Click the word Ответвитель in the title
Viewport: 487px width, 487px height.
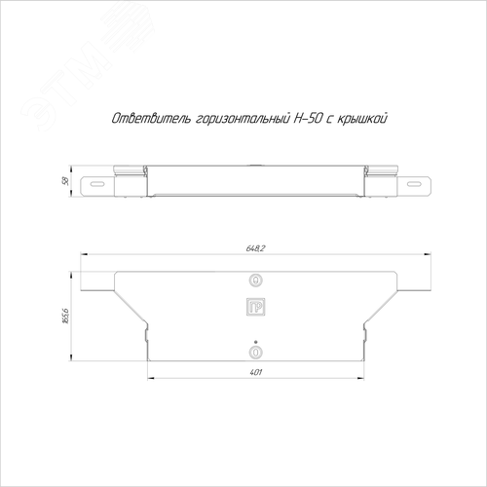pos(151,119)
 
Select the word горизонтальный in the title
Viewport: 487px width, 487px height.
pos(243,120)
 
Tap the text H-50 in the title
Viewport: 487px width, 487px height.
pos(308,119)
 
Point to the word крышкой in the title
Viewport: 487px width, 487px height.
pos(362,119)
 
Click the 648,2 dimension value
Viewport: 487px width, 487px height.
pos(256,248)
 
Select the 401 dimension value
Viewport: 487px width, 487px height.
pos(256,372)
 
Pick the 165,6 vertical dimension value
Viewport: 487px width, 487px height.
pos(65,317)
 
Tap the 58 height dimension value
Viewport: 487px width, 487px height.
pos(65,181)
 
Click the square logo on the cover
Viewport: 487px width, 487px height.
pos(256,307)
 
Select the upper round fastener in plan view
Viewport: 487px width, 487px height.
pos(256,280)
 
